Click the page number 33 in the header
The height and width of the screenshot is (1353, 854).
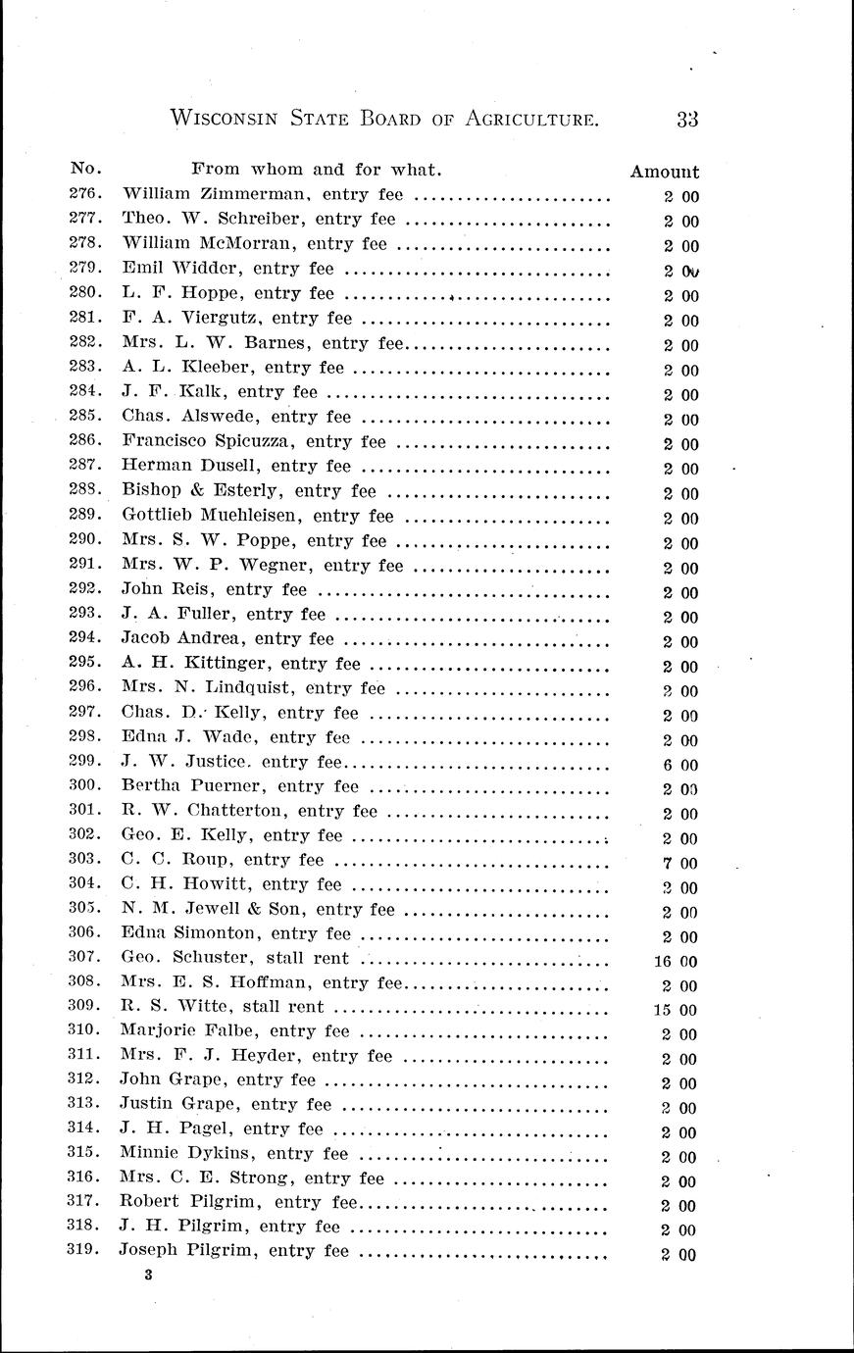pyautogui.click(x=686, y=120)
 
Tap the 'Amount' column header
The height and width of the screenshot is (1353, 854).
pyautogui.click(x=664, y=172)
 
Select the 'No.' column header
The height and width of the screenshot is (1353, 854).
pyautogui.click(x=86, y=169)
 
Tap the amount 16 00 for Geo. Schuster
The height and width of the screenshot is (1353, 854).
pyautogui.click(x=676, y=962)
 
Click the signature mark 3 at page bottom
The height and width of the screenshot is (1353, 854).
pyautogui.click(x=147, y=1276)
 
